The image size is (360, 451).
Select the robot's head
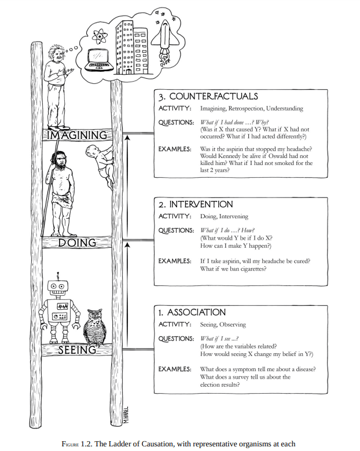[58, 287]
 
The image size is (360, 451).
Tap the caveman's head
[63, 157]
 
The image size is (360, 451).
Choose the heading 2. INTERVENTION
[196, 204]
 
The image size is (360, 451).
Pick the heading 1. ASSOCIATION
[192, 312]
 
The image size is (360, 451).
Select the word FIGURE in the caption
[74, 445]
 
